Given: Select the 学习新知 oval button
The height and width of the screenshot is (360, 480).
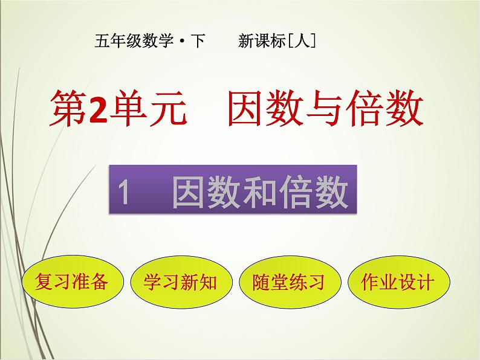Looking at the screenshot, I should click(180, 281).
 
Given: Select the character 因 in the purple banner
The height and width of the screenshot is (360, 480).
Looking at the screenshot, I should click(187, 194).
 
